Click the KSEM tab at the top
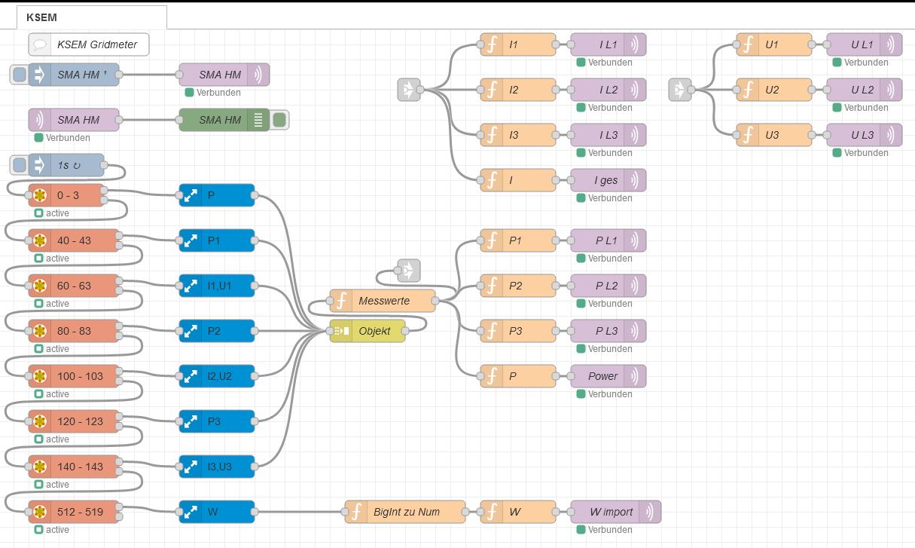(x=91, y=17)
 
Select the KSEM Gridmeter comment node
(x=89, y=44)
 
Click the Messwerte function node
(x=383, y=301)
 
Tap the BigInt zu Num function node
(x=405, y=512)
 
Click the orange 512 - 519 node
(x=74, y=512)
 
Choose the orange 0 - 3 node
(x=74, y=195)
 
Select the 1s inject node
(x=66, y=165)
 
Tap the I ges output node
(x=608, y=180)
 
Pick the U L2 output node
(x=864, y=90)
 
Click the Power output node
(x=608, y=376)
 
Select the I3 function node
(x=518, y=135)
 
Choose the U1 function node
(x=774, y=44)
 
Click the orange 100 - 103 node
(x=74, y=376)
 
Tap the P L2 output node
(x=608, y=286)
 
